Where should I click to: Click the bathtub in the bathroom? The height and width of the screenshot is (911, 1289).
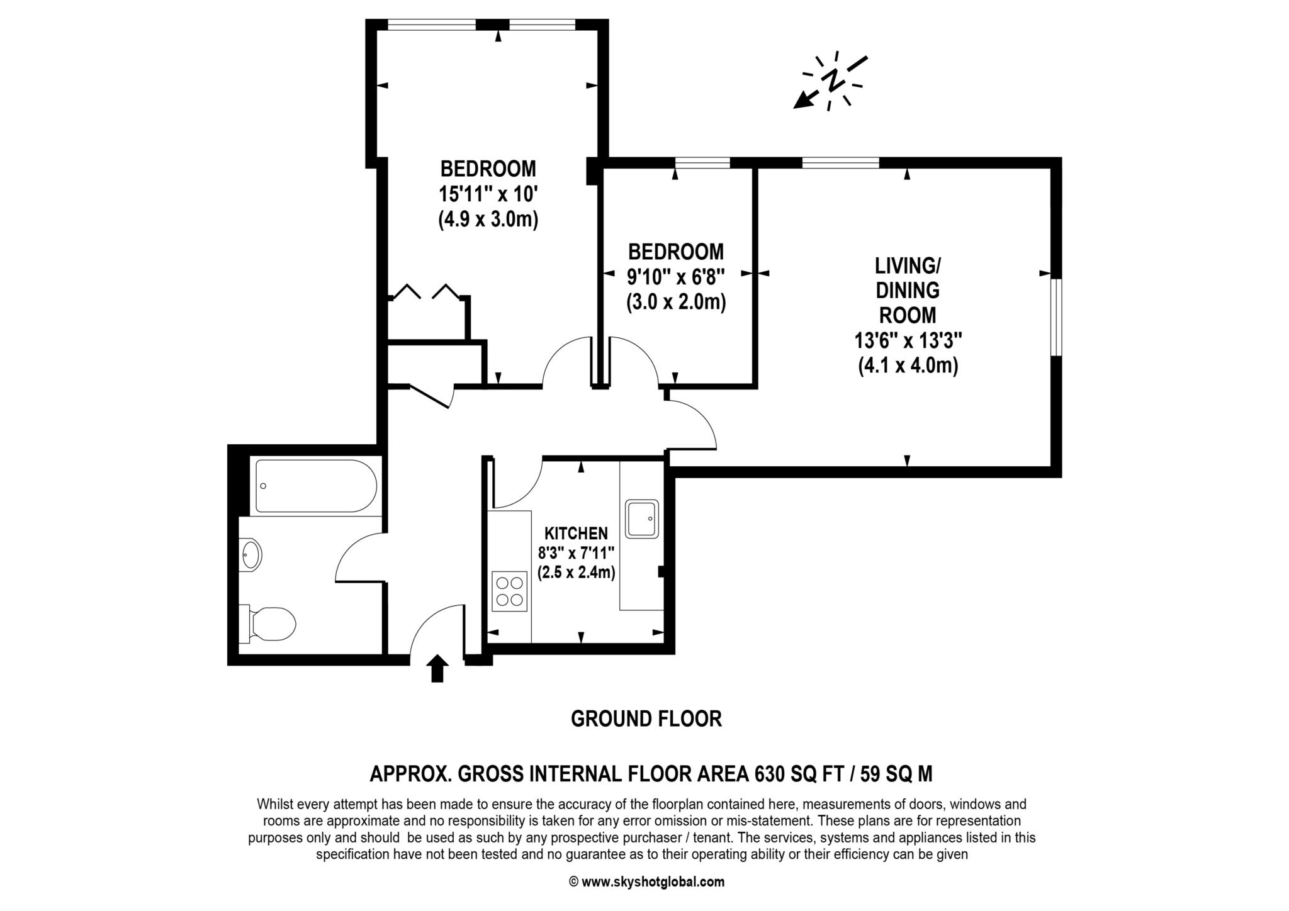pyautogui.click(x=316, y=486)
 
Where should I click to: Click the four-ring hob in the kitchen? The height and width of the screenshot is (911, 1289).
pyautogui.click(x=509, y=591)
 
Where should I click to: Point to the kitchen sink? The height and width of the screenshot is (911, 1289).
pyautogui.click(x=641, y=518)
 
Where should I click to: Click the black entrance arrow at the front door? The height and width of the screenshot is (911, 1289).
pyautogui.click(x=437, y=668)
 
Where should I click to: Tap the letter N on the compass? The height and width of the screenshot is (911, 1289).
pyautogui.click(x=834, y=81)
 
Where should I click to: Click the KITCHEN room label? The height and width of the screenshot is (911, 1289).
pyautogui.click(x=576, y=534)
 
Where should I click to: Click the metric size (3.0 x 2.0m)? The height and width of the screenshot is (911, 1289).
pyautogui.click(x=676, y=303)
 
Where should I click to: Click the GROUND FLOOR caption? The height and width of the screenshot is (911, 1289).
pyautogui.click(x=646, y=718)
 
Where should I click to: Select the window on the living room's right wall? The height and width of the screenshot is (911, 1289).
pyautogui.click(x=1057, y=317)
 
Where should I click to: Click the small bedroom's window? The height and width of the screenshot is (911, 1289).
pyautogui.click(x=702, y=163)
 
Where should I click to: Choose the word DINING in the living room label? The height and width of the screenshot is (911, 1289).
pyautogui.click(x=908, y=290)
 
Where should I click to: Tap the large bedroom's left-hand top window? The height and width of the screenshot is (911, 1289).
pyautogui.click(x=432, y=25)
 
